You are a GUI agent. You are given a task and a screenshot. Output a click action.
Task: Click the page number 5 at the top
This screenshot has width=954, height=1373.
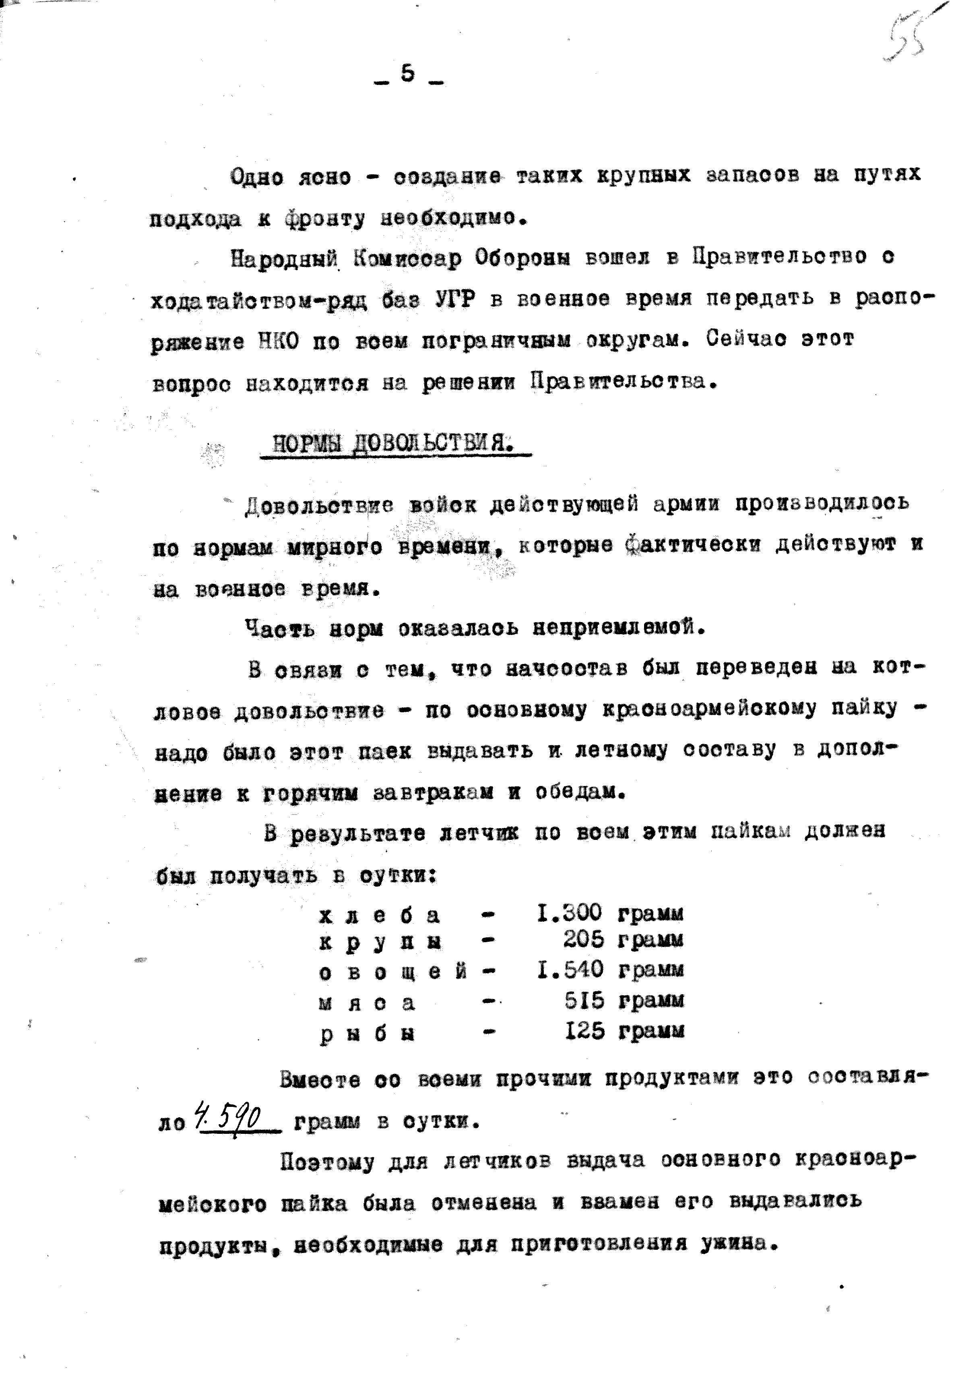408,74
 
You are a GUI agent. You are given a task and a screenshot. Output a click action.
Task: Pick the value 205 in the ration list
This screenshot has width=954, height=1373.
583,941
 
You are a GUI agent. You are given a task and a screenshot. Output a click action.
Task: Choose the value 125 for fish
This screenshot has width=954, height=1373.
584,1031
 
